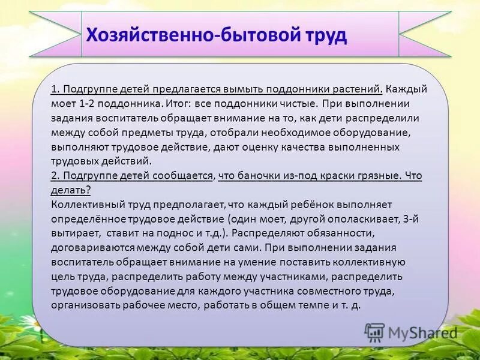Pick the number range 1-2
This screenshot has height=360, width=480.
86,103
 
